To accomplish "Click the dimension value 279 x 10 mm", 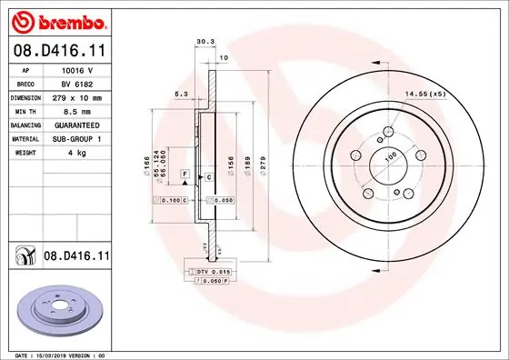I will pos(77,96).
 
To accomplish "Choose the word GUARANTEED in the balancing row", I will pos(77,124).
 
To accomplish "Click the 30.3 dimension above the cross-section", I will pos(205,41).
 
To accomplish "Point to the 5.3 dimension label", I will pos(181,93).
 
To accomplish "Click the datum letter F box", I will pos(185,173).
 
